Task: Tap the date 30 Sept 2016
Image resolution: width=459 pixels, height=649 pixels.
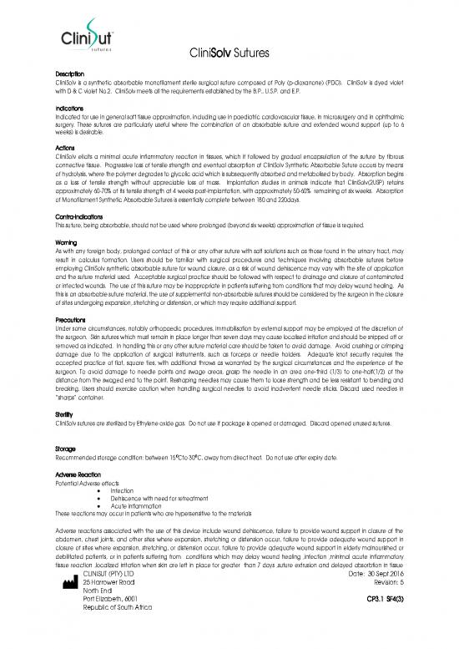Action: [x=392, y=593]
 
